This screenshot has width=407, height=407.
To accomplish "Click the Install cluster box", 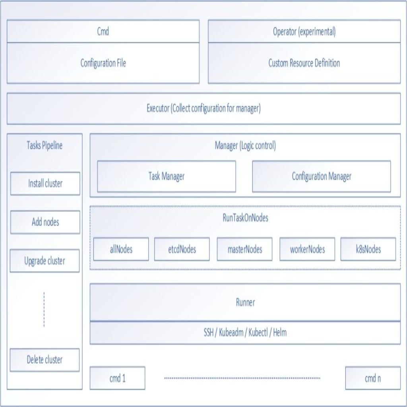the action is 45,184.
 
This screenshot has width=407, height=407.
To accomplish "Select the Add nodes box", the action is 45,222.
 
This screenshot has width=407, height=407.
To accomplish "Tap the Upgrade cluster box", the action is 45,261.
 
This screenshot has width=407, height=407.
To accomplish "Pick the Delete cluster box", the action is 45,360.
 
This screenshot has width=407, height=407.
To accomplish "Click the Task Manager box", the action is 167,176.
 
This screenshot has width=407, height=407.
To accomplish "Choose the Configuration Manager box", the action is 321,176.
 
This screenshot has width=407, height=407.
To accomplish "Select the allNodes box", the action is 121,249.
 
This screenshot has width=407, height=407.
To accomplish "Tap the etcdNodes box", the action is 182,249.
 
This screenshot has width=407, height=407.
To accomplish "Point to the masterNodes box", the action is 244,249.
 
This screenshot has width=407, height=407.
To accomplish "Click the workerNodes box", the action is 307,249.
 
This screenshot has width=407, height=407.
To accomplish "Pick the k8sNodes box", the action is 368,249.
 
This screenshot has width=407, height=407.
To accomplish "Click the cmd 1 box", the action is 117,378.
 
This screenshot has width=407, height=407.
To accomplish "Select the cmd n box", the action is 373,378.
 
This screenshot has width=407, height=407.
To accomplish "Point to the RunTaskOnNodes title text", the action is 245,218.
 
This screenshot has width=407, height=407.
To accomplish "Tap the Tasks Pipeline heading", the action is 45,145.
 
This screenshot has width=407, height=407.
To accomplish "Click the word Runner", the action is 245,302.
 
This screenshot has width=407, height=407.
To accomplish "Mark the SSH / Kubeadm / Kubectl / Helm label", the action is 245,333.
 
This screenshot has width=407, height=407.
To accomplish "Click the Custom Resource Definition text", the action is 304,63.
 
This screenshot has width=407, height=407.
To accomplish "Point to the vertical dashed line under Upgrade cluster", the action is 44,309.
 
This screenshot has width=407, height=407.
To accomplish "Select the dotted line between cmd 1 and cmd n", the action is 242,378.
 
